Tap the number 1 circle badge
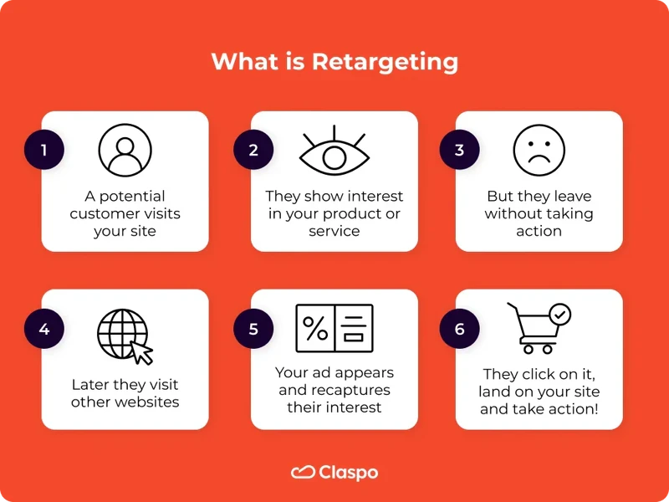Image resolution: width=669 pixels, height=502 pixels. click(x=44, y=151)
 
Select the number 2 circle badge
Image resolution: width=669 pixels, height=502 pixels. click(x=253, y=151)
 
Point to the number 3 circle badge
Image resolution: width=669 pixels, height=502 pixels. click(x=459, y=151)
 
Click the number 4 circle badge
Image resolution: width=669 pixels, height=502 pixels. click(x=44, y=329)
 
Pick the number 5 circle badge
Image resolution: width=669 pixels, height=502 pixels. click(x=253, y=329)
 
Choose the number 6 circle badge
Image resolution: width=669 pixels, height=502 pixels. click(x=459, y=329)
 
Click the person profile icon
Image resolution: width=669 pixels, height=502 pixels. click(x=125, y=150)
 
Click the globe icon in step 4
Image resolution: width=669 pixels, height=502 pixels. click(x=122, y=334)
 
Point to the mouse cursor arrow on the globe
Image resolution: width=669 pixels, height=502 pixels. click(x=143, y=352)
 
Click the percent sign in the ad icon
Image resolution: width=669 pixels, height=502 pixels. click(x=315, y=328)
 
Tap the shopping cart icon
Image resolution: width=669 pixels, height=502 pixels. click(x=532, y=330)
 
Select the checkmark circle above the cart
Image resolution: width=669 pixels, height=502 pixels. click(x=560, y=315)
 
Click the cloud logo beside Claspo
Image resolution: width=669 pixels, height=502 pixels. click(x=302, y=473)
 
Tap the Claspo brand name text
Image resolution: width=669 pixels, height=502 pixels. click(x=349, y=473)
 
